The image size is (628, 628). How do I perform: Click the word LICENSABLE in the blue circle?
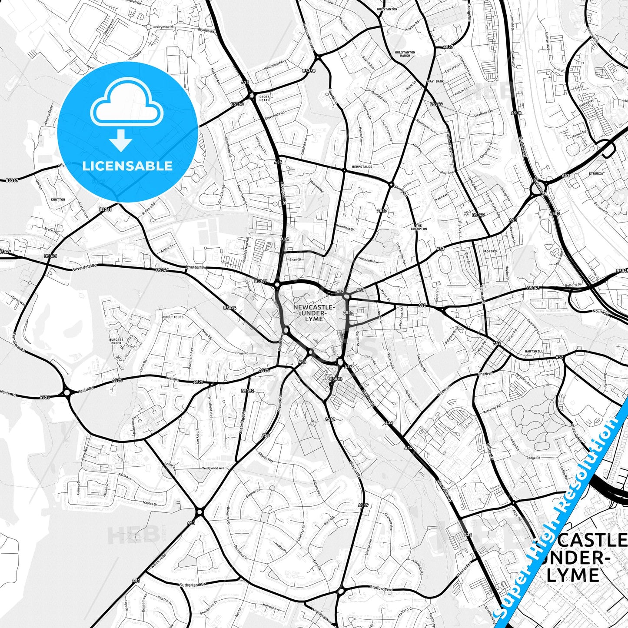[127, 166]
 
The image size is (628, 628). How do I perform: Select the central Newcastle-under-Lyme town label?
[314, 313]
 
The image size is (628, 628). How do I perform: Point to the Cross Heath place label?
[264, 98]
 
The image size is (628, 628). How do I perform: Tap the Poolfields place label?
[173, 317]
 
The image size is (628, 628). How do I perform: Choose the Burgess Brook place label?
[116, 342]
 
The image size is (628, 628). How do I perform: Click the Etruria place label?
[596, 173]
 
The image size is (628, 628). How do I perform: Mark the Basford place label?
[489, 251]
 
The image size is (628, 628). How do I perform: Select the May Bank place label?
[435, 81]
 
